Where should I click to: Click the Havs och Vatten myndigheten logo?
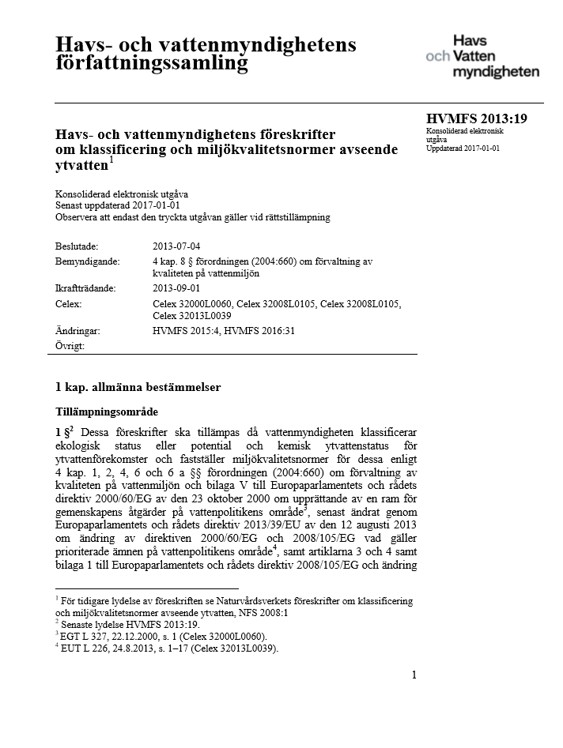coord(482,56)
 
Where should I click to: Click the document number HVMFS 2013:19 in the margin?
coord(476,119)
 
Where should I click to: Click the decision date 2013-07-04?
coord(176,246)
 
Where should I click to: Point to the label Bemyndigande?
coord(87,261)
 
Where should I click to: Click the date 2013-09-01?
coord(176,288)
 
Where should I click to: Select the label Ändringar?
coord(78,331)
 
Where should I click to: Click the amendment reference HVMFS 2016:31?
coord(259,331)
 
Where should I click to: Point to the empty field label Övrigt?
coord(70,345)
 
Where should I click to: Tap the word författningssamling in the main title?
coord(146,62)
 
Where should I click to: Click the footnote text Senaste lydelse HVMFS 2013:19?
coord(115,623)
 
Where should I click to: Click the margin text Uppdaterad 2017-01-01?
coord(463,148)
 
